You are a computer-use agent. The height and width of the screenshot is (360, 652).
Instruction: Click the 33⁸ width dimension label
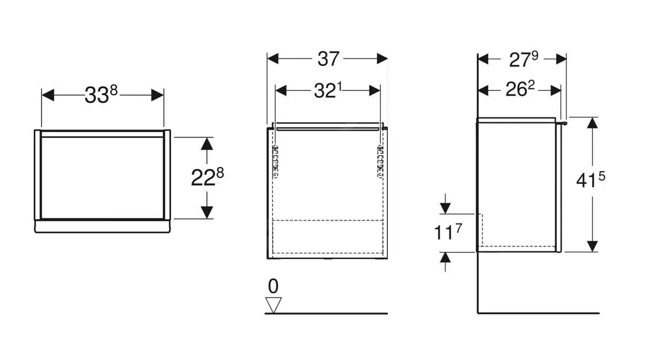(101, 95)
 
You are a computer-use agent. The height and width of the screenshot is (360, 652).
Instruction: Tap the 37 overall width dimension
(328, 59)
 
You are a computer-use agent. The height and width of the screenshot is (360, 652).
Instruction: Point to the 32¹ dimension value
(327, 91)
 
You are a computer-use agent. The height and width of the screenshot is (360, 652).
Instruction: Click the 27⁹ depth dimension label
(523, 59)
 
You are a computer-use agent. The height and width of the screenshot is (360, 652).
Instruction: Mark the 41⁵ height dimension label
(590, 182)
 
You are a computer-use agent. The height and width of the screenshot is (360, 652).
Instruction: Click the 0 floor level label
(273, 287)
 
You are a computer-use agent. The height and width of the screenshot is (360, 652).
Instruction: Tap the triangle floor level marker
(274, 305)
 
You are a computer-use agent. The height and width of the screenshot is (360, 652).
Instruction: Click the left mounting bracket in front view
(276, 160)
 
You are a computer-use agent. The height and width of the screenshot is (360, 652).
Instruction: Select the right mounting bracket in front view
(380, 160)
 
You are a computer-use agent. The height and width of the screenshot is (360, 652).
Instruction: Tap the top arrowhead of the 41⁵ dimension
(592, 123)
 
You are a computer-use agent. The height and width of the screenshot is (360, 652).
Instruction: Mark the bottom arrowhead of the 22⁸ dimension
(207, 212)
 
